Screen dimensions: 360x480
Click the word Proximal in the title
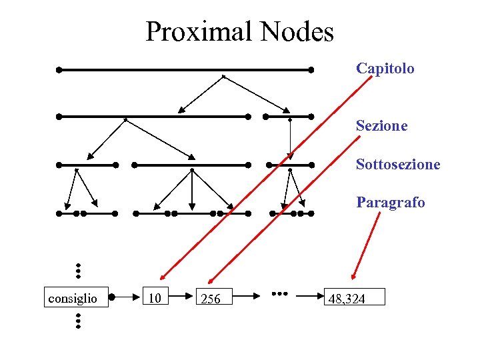click(200, 31)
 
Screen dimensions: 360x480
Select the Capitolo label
click(385, 68)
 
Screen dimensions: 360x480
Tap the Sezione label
click(381, 125)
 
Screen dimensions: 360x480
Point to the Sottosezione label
click(397, 164)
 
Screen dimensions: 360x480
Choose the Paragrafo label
click(390, 202)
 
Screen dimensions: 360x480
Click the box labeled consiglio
click(73, 297)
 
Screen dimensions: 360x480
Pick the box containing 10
click(155, 297)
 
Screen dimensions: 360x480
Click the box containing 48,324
click(354, 297)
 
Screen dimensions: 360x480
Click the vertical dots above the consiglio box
click(78, 270)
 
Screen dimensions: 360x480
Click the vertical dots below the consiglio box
click(78, 321)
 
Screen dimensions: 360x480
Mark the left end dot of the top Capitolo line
click(59, 69)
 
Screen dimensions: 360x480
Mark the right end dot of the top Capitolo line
click(311, 69)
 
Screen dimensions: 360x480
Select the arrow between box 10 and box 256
click(183, 295)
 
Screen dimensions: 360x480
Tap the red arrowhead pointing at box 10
click(163, 276)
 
